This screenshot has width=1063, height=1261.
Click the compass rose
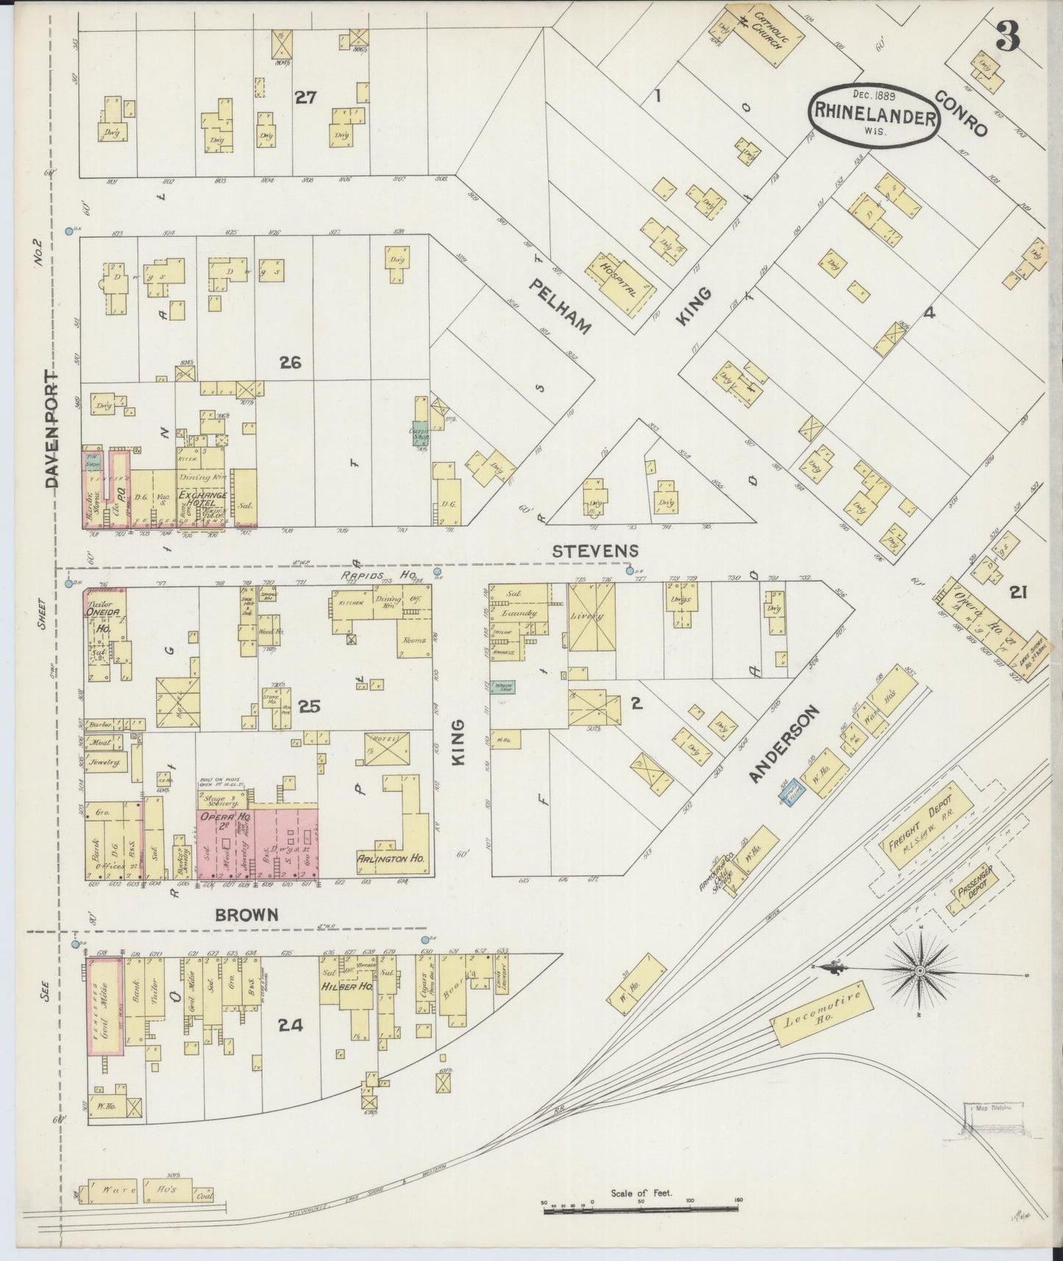(x=920, y=971)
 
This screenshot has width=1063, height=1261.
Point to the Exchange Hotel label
(x=199, y=502)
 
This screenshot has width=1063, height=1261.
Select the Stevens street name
(x=596, y=550)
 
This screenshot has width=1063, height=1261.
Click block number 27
(x=305, y=97)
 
